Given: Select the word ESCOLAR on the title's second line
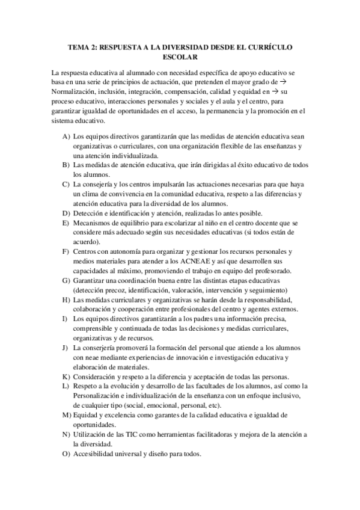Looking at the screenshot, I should pos(180,57).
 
